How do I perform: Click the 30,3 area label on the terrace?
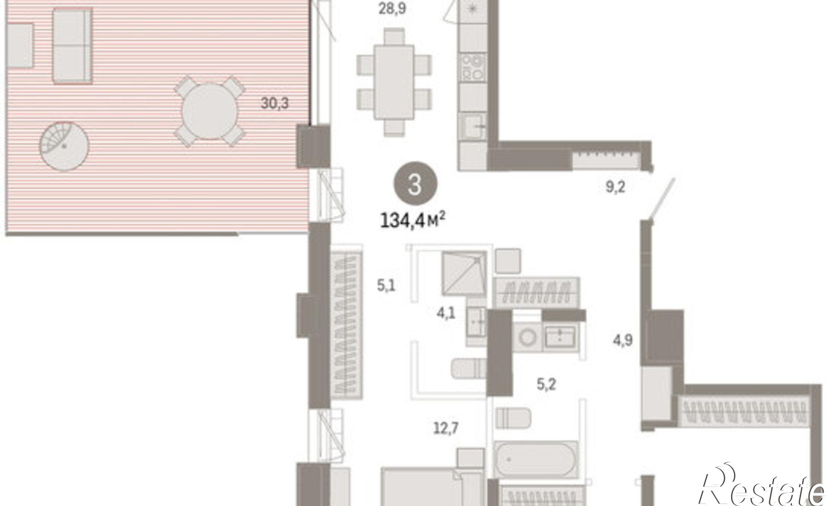click(275, 103)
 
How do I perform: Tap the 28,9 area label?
click(392, 8)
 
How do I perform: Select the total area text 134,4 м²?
click(412, 220)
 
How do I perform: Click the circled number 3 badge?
click(415, 184)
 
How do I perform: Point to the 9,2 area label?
click(615, 187)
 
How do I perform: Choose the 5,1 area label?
click(386, 285)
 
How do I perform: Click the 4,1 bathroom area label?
click(446, 313)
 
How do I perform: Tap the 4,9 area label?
click(622, 341)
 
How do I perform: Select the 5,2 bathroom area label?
click(546, 384)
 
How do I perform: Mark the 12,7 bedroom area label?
click(446, 428)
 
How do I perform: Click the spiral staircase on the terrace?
click(64, 146)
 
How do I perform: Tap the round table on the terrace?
click(210, 110)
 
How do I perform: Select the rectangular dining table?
click(394, 82)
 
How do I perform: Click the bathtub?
click(535, 460)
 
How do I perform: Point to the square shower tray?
click(464, 273)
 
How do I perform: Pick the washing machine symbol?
click(527, 337)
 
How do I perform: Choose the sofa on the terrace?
click(72, 46)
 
